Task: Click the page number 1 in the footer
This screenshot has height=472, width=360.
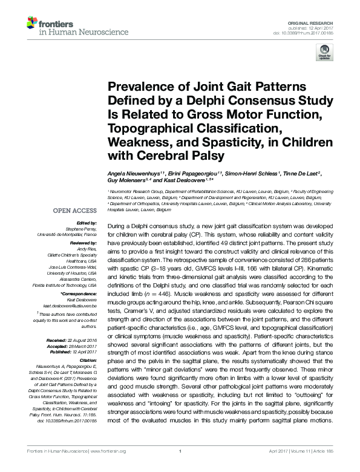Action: tap(180, 467)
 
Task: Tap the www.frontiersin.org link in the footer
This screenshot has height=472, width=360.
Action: tap(110, 467)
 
